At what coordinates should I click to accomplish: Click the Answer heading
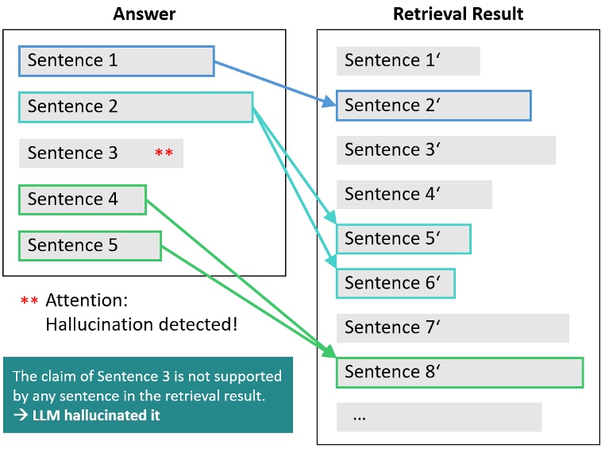click(144, 14)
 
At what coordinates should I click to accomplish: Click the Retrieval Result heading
click(458, 14)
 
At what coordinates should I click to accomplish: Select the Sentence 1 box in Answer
click(116, 61)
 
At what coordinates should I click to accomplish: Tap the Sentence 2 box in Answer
click(135, 107)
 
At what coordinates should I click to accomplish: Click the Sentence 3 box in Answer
click(101, 153)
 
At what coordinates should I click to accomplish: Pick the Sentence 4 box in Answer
click(83, 199)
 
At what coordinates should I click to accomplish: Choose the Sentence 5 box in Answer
click(90, 246)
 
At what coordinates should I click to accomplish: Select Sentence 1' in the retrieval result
click(407, 61)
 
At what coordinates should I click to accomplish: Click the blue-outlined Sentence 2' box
click(434, 106)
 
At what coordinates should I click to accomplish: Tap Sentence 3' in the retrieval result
click(445, 150)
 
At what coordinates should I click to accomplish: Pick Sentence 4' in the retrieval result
click(414, 195)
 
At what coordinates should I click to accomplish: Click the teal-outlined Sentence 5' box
click(403, 239)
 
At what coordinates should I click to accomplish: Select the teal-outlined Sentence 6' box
click(395, 284)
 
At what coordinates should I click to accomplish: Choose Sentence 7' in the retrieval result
click(453, 328)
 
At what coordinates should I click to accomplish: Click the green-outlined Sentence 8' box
click(460, 373)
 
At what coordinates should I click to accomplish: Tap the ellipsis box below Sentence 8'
click(438, 417)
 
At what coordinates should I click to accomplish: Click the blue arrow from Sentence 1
click(274, 82)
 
